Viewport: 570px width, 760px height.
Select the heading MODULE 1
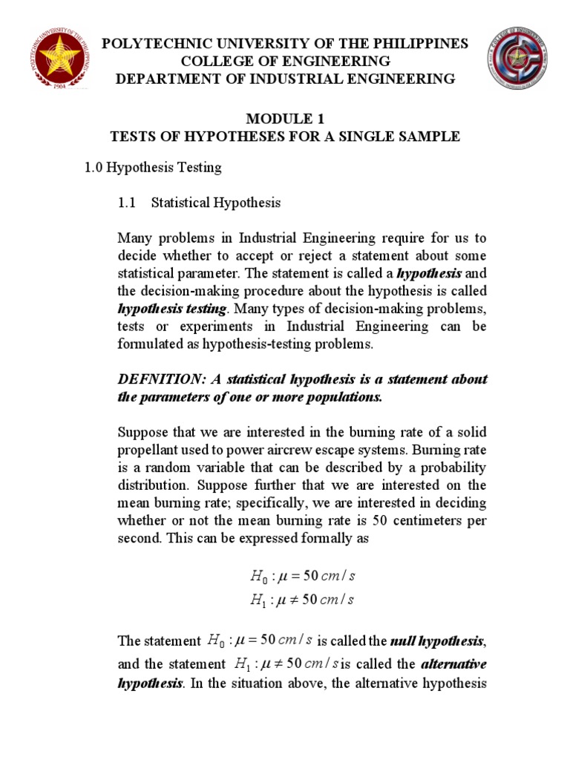click(x=284, y=119)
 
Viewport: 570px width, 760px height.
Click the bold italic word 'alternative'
click(x=455, y=663)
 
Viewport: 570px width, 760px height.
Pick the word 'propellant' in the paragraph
click(x=151, y=450)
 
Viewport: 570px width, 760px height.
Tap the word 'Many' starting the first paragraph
click(x=135, y=237)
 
